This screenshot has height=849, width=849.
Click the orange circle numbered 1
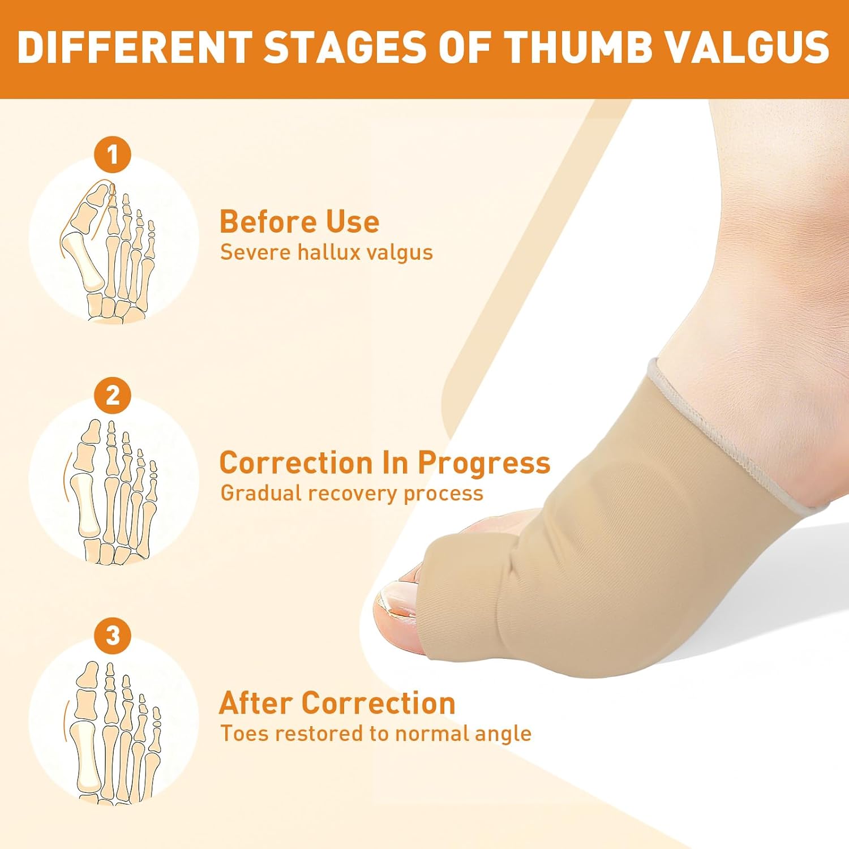click(x=113, y=154)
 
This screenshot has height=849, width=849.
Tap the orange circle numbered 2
click(x=113, y=395)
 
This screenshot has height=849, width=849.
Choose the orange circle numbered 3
click(x=113, y=635)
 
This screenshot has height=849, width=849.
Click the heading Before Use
click(x=299, y=221)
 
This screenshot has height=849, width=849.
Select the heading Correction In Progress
click(x=384, y=462)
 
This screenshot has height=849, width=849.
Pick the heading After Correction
click(x=337, y=703)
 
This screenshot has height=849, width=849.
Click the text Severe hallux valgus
click(x=326, y=252)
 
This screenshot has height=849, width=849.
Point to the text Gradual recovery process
click(x=351, y=493)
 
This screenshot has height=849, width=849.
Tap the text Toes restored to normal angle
click(x=376, y=734)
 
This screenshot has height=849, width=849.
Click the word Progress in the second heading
click(x=484, y=464)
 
